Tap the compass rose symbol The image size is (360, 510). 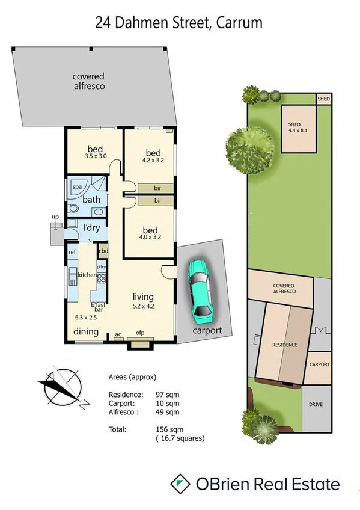(59, 386)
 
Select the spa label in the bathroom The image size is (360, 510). (77, 188)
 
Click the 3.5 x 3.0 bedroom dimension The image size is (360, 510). (96, 156)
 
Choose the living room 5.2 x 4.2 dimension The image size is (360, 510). (144, 306)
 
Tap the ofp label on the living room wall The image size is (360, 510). (140, 334)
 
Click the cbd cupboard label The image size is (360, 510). (103, 251)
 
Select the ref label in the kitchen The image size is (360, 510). (72, 251)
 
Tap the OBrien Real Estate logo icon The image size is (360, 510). (178, 484)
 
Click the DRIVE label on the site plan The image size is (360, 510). (316, 404)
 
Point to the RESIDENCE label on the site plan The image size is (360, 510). (285, 345)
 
